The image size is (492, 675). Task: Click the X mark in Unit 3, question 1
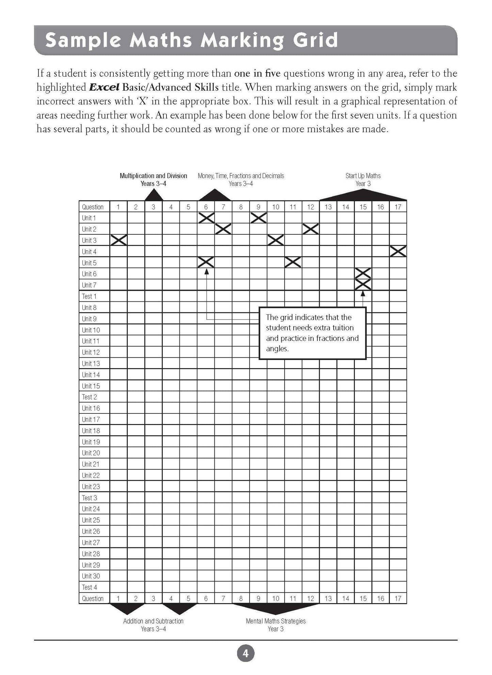point(119,240)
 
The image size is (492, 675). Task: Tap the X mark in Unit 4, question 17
point(398,251)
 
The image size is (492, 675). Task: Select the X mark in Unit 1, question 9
point(258,218)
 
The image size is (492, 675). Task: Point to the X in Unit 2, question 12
point(311,229)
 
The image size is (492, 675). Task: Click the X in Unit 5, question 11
point(293,262)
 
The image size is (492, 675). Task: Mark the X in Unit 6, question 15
point(363,273)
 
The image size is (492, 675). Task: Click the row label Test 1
point(89,296)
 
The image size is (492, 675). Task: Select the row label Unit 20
point(91,453)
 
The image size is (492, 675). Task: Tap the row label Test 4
point(89,587)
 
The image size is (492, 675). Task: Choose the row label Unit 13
point(91,363)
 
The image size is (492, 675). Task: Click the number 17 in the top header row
point(398,207)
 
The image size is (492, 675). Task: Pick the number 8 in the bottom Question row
point(241,598)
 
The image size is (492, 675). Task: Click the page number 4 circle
point(245,654)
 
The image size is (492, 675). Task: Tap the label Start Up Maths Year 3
point(363,179)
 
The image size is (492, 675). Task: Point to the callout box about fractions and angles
point(313,333)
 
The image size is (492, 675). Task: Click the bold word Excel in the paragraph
point(104,88)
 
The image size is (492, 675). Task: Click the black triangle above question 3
point(154,195)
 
